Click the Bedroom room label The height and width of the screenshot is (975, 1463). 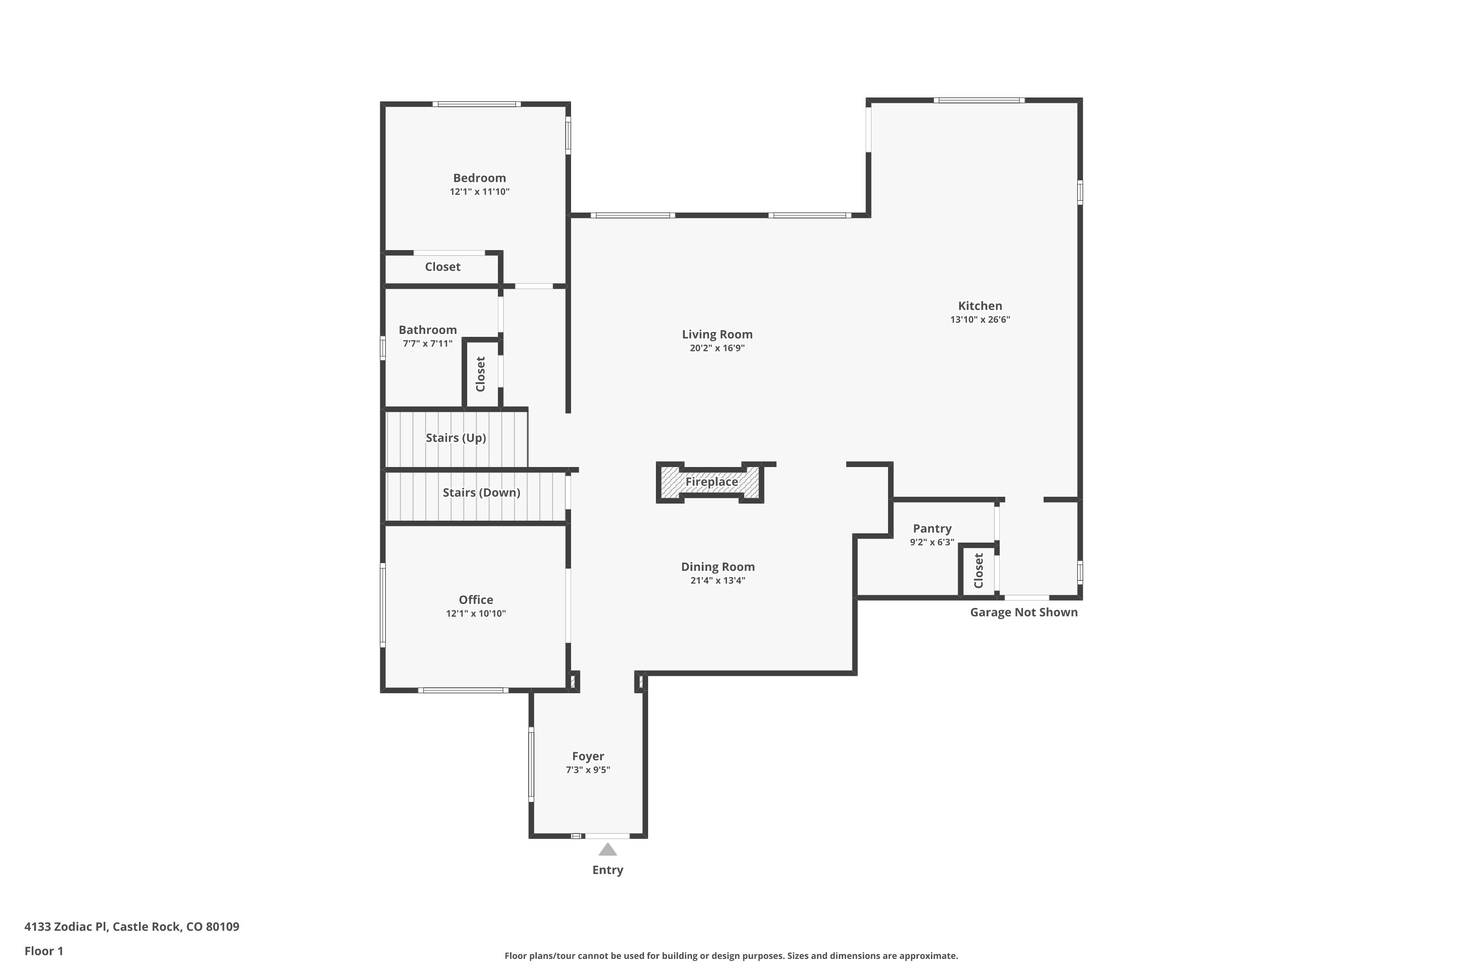[479, 178]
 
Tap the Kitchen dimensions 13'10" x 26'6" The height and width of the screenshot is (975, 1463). [980, 320]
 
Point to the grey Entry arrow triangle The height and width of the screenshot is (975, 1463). [608, 849]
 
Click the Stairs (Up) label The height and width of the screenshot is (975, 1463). [456, 438]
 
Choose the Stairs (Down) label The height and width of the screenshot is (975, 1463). [481, 492]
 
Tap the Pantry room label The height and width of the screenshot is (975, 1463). [932, 528]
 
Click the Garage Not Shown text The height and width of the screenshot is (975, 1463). [1024, 612]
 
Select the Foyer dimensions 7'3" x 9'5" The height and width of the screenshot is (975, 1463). [588, 770]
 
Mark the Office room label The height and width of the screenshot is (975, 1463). [476, 600]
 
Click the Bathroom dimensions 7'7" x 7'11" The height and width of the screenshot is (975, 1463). [427, 343]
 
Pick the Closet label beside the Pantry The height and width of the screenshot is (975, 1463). [978, 571]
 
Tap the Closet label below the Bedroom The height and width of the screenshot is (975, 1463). [442, 267]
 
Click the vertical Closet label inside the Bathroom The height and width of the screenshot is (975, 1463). [480, 374]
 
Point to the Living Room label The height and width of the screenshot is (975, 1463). [717, 334]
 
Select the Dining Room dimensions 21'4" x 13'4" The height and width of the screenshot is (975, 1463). [718, 581]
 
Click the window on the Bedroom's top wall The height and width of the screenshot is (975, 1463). [476, 104]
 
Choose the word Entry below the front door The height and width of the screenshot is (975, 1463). [608, 870]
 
